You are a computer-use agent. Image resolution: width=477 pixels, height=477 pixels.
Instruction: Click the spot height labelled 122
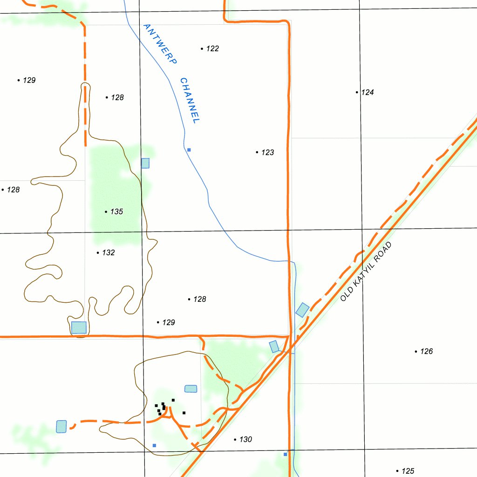(212, 49)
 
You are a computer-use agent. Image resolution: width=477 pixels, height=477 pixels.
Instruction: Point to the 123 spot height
(267, 152)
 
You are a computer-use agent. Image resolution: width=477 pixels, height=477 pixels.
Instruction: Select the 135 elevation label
(116, 212)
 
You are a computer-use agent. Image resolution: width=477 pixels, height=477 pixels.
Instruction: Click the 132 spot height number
(108, 253)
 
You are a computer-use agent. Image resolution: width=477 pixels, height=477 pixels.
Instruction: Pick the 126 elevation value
(426, 352)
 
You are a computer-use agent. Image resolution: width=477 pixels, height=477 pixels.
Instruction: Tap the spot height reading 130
(245, 440)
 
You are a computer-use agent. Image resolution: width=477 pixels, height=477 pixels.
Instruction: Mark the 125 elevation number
(408, 471)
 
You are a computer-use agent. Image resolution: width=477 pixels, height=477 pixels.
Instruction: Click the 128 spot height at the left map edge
(13, 190)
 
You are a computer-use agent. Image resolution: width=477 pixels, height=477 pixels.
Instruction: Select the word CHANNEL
(190, 101)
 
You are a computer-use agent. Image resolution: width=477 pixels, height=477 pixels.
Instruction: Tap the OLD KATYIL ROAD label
(366, 272)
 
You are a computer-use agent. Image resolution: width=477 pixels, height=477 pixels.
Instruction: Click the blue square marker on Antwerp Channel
(189, 150)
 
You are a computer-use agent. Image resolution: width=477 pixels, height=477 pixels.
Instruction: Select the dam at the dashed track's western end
(61, 426)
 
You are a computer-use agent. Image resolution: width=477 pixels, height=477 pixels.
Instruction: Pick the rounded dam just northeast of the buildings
(191, 388)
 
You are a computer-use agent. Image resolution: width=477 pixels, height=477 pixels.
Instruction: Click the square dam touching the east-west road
(79, 327)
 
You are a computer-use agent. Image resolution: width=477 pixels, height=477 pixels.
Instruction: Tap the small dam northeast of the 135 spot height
(145, 163)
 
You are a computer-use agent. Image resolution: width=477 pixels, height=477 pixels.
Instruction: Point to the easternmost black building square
(184, 413)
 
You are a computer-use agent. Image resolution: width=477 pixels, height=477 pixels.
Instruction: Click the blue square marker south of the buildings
(154, 445)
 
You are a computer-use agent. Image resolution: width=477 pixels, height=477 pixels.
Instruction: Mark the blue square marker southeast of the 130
(286, 454)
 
